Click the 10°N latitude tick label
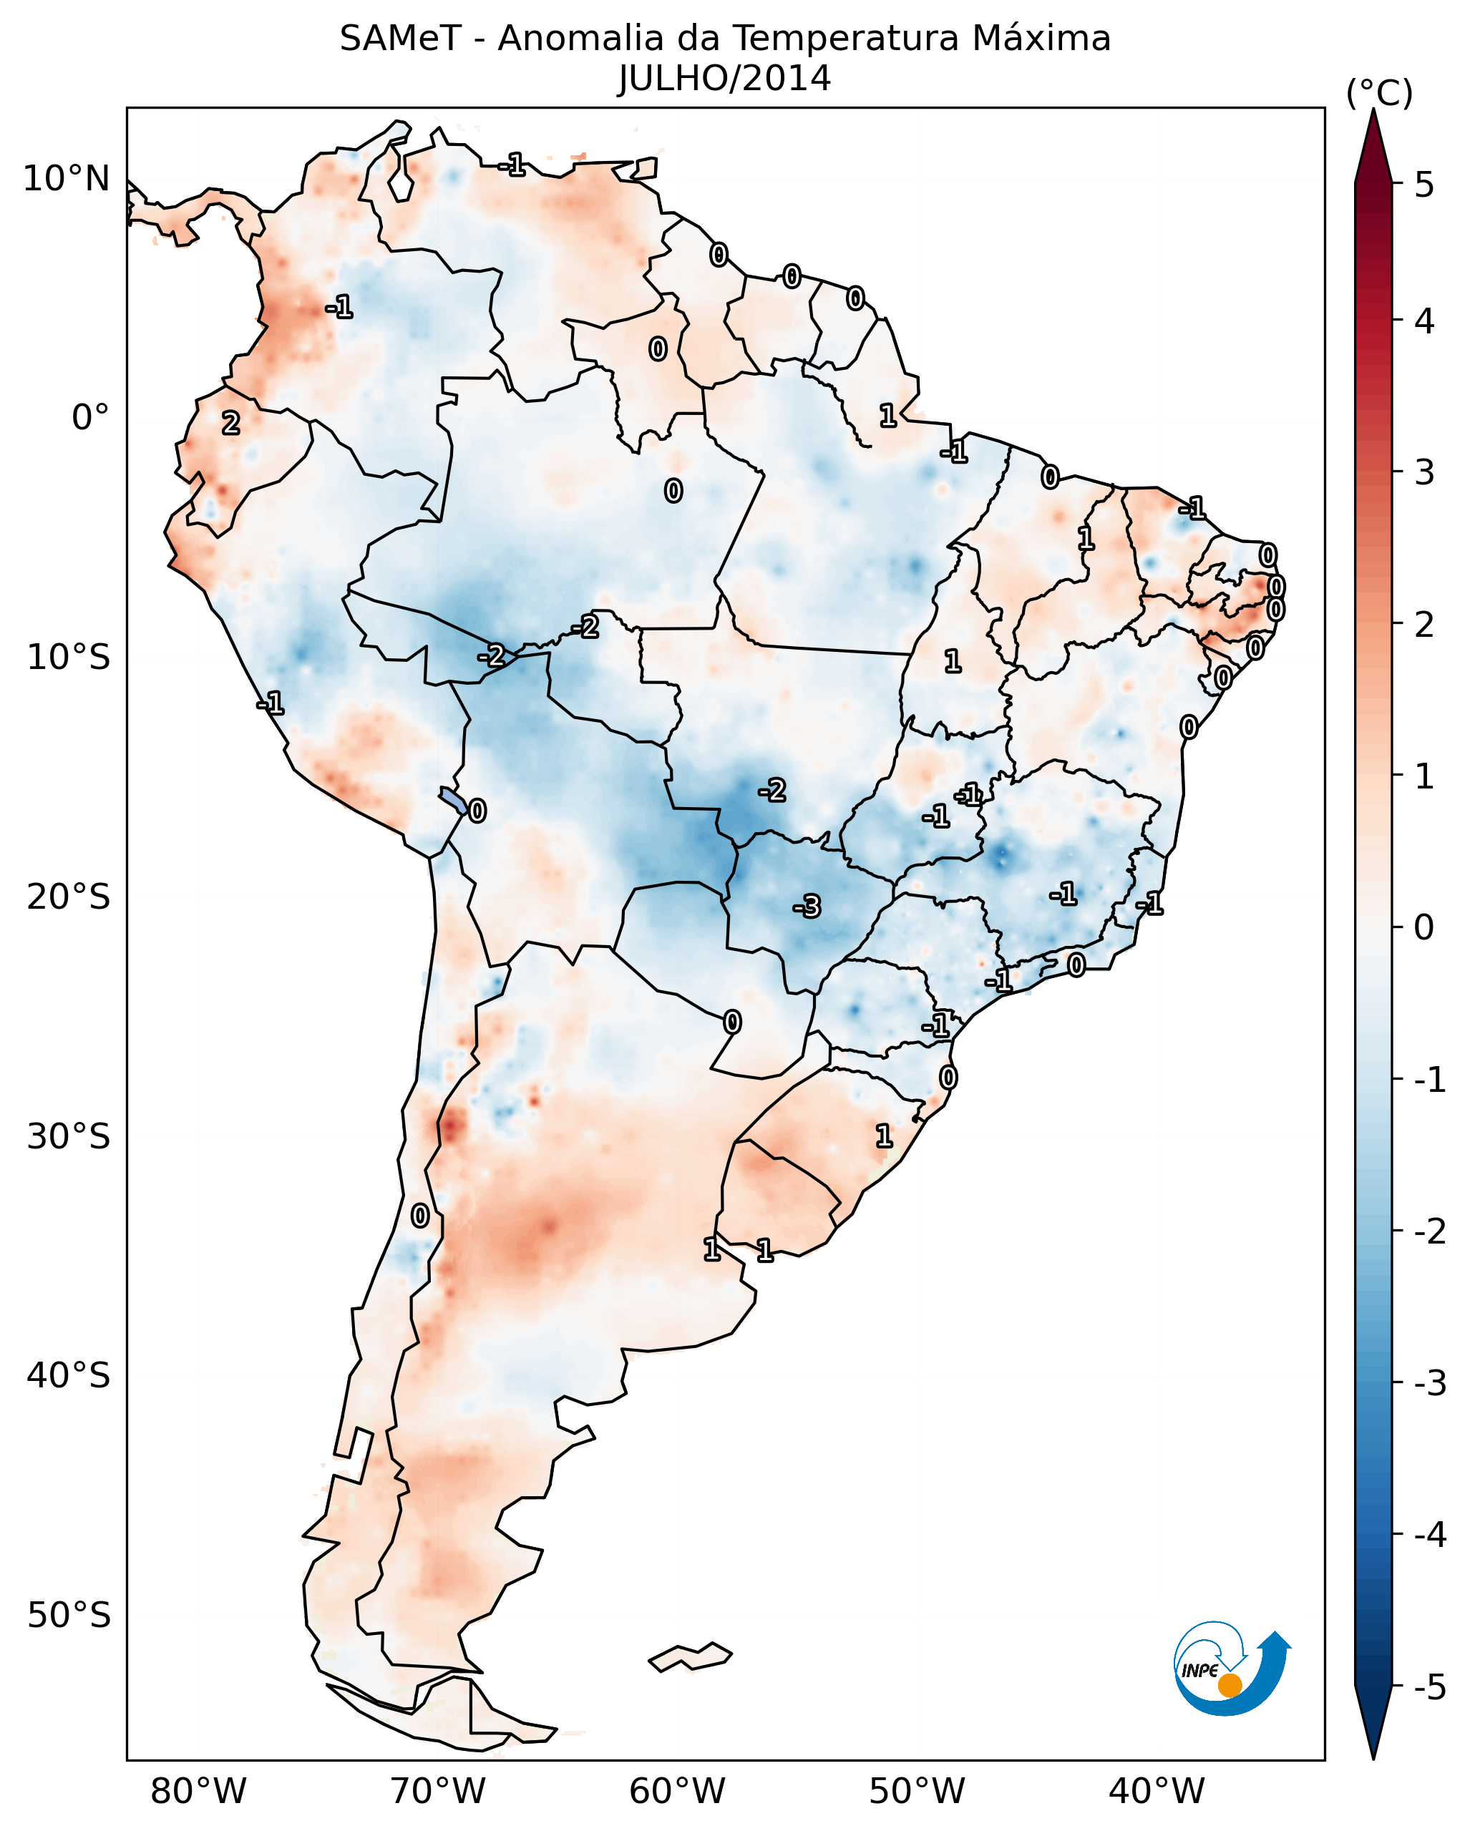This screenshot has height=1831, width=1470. point(67,179)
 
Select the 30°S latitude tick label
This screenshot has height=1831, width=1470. point(69,1136)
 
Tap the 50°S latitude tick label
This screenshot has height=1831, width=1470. point(69,1616)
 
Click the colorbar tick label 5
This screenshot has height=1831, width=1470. point(1425,185)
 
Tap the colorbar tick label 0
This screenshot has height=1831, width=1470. point(1425,927)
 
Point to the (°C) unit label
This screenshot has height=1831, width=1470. point(1380,94)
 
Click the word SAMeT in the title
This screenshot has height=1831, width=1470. point(400,39)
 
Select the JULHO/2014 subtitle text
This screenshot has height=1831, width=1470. point(724,79)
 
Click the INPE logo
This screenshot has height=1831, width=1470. point(1232,1669)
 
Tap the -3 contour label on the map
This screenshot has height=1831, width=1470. point(807,907)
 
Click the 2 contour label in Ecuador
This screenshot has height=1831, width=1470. point(231,423)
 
